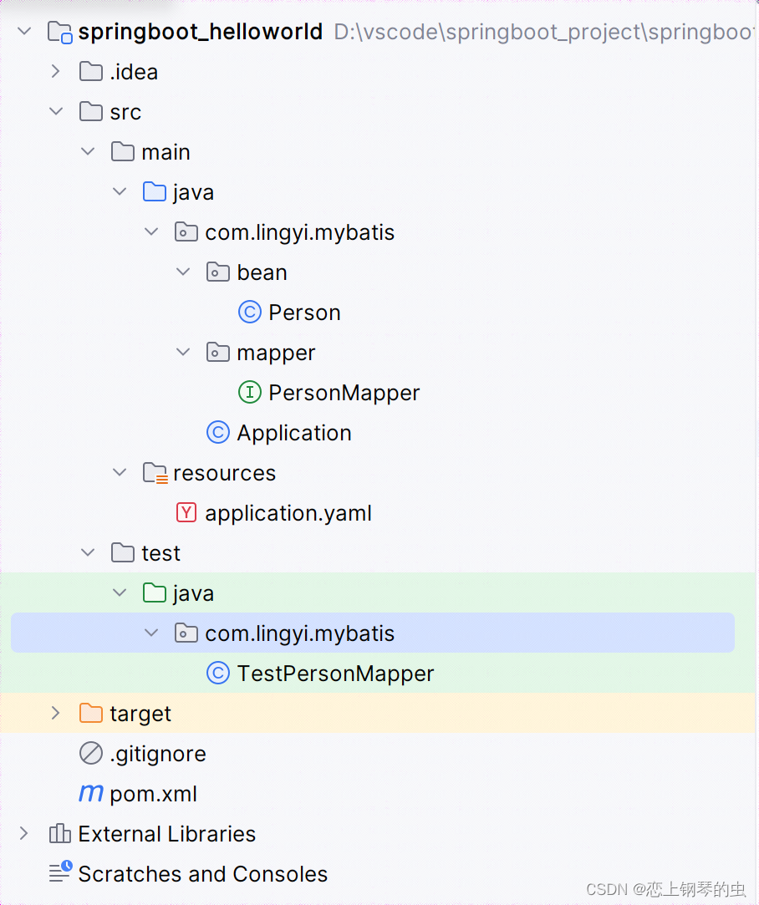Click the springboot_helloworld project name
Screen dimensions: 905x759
coord(200,32)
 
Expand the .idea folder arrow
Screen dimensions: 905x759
coord(56,72)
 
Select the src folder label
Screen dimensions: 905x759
coord(125,112)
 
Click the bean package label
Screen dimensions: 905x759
coord(262,272)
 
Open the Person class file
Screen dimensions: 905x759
coord(304,313)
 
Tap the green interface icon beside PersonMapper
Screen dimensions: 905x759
coord(249,393)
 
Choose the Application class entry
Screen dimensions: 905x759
coord(293,433)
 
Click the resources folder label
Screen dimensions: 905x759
coord(224,473)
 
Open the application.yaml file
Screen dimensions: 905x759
coord(288,513)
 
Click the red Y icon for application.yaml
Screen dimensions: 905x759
coord(187,513)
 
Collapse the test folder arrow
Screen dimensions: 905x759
coord(88,553)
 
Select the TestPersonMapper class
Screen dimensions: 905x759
coord(335,674)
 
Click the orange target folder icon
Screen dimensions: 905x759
coord(90,714)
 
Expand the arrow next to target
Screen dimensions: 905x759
coord(56,714)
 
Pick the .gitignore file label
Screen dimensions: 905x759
coord(157,754)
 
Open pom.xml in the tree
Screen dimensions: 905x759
coord(153,794)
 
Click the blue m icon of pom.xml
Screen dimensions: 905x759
coord(90,794)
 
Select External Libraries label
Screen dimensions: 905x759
coord(166,834)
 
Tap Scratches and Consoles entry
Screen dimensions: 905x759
coord(202,874)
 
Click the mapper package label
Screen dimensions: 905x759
coord(276,353)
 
